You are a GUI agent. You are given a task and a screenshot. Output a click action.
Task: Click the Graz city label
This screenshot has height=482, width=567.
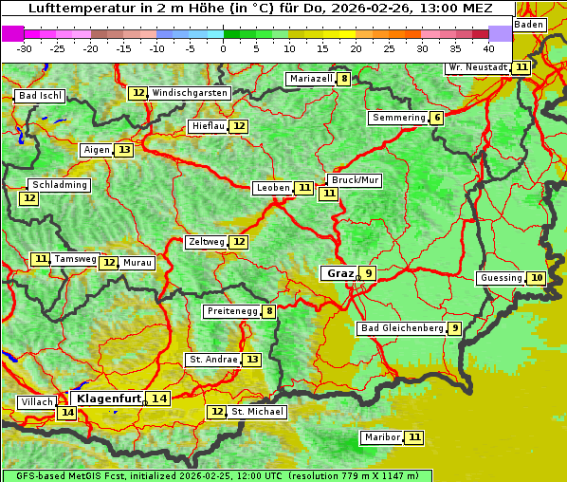338,273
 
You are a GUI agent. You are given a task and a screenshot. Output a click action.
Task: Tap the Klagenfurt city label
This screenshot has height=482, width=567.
109,399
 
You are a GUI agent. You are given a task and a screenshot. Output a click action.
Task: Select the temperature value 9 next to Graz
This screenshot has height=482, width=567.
368,273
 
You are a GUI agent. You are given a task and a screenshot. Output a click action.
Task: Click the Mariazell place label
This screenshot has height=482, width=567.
311,79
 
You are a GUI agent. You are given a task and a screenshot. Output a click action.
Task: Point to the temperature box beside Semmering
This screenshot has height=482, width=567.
436,118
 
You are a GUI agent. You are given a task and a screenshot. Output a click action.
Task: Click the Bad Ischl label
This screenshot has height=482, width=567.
40,96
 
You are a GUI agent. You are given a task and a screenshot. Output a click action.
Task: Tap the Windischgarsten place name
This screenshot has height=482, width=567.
190,93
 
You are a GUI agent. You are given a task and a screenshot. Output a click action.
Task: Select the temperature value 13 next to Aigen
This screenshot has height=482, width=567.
124,150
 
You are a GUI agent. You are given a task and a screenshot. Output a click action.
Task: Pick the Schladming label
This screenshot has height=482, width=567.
59,185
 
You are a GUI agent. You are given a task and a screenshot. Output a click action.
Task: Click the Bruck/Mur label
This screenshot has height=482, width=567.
354,180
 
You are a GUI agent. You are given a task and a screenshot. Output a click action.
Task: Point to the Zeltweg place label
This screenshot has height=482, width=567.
206,242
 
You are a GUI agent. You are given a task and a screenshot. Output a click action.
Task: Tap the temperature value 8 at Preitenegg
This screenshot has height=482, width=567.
269,310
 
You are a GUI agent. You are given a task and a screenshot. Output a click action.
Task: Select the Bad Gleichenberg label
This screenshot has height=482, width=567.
401,328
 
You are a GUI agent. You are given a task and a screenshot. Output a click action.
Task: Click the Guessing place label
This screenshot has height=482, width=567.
501,278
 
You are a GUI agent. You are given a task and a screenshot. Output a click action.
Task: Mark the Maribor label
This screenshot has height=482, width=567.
380,437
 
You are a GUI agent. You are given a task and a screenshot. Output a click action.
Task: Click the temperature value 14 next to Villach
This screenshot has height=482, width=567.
66,413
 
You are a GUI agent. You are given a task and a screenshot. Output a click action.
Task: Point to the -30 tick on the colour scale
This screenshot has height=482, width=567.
25,47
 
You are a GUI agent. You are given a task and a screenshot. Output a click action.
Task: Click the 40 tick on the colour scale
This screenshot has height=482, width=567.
488,47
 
